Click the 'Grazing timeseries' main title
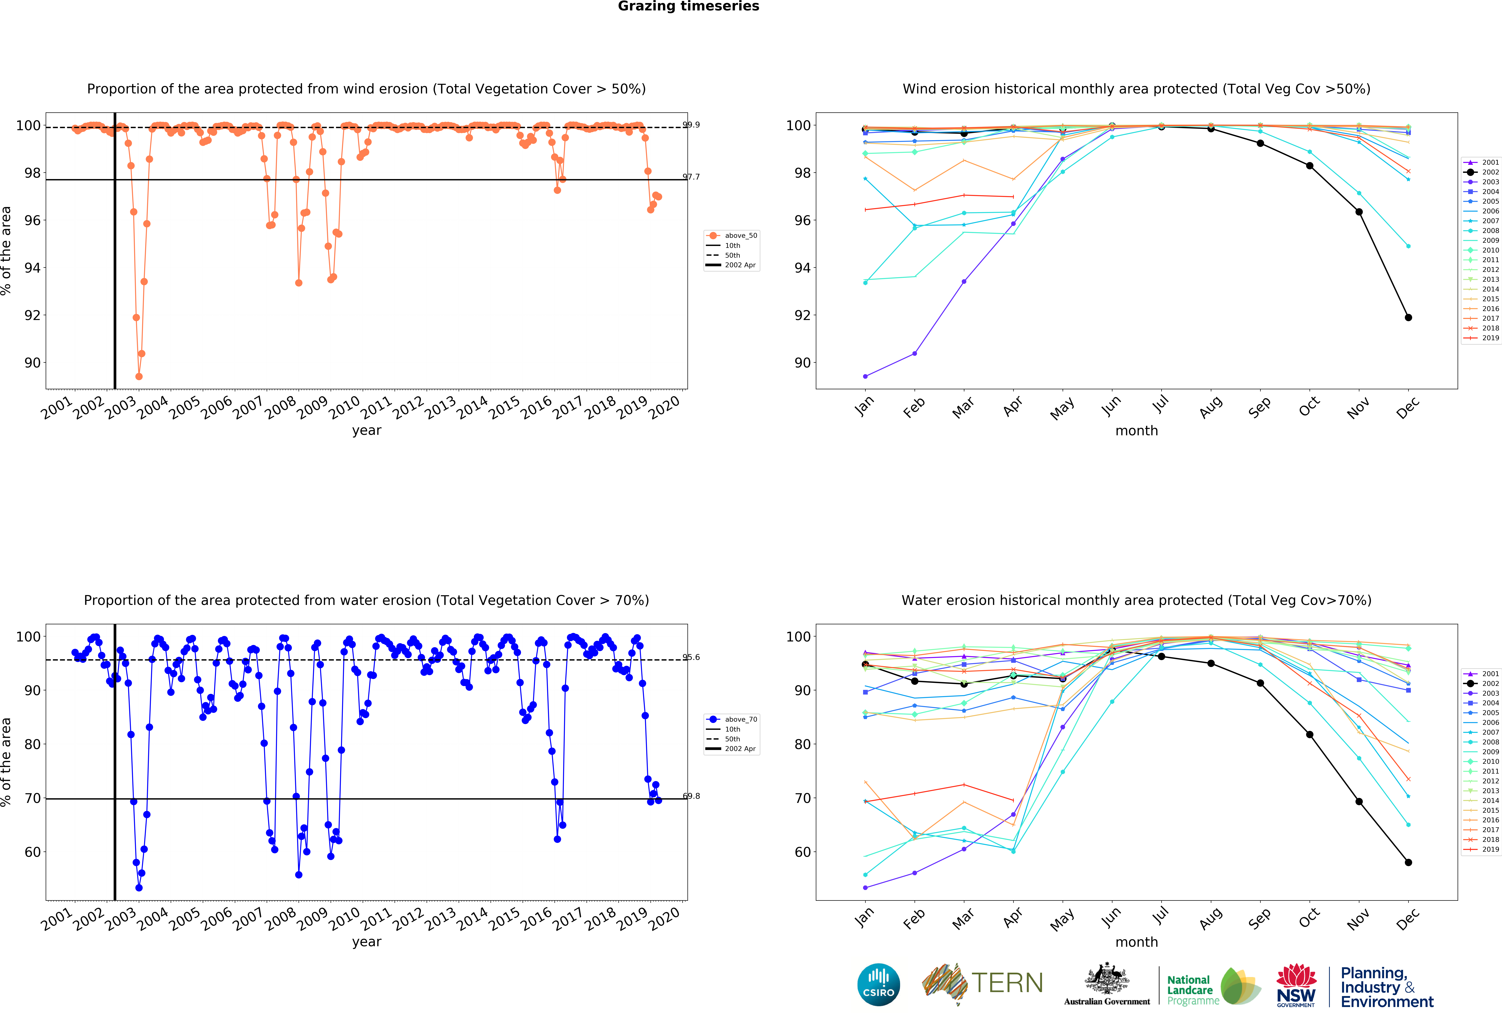point(688,6)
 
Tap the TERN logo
point(982,984)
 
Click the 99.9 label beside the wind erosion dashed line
point(691,125)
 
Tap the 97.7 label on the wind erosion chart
point(691,177)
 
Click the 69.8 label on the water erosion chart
point(691,796)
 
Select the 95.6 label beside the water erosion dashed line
point(691,657)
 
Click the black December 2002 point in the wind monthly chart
point(1408,317)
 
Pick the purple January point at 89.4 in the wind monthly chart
point(865,376)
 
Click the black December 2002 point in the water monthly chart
point(1408,862)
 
